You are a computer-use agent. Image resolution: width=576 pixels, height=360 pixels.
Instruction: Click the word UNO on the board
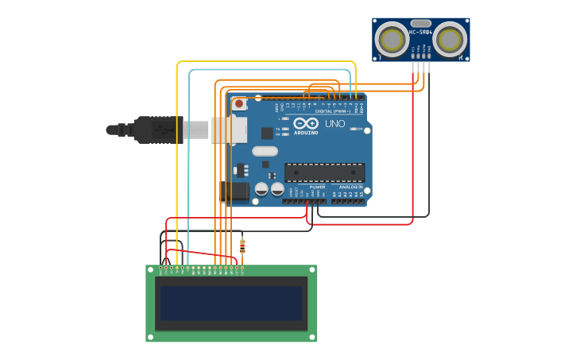(334, 124)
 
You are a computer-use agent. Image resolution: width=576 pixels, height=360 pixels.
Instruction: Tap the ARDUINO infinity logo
(306, 124)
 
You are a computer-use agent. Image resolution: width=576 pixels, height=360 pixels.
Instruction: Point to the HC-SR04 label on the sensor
(420, 32)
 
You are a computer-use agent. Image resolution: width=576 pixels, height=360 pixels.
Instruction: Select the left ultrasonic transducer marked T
(392, 39)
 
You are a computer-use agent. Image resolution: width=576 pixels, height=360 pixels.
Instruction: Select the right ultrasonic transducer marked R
(450, 39)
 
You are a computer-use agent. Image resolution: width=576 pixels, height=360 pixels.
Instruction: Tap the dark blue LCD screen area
(231, 303)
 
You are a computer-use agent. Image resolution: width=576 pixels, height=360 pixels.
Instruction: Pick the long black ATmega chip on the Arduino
(324, 172)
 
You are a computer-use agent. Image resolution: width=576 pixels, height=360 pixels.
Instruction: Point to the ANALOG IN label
(350, 187)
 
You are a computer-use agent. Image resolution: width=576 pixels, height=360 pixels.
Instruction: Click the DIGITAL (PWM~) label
(333, 111)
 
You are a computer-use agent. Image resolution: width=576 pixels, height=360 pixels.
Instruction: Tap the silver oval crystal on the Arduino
(265, 151)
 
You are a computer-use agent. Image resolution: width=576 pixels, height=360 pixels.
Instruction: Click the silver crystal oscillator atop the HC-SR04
(421, 24)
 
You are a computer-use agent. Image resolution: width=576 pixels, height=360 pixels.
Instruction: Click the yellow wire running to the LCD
(177, 159)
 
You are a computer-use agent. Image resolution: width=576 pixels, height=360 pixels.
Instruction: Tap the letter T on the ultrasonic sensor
(380, 57)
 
